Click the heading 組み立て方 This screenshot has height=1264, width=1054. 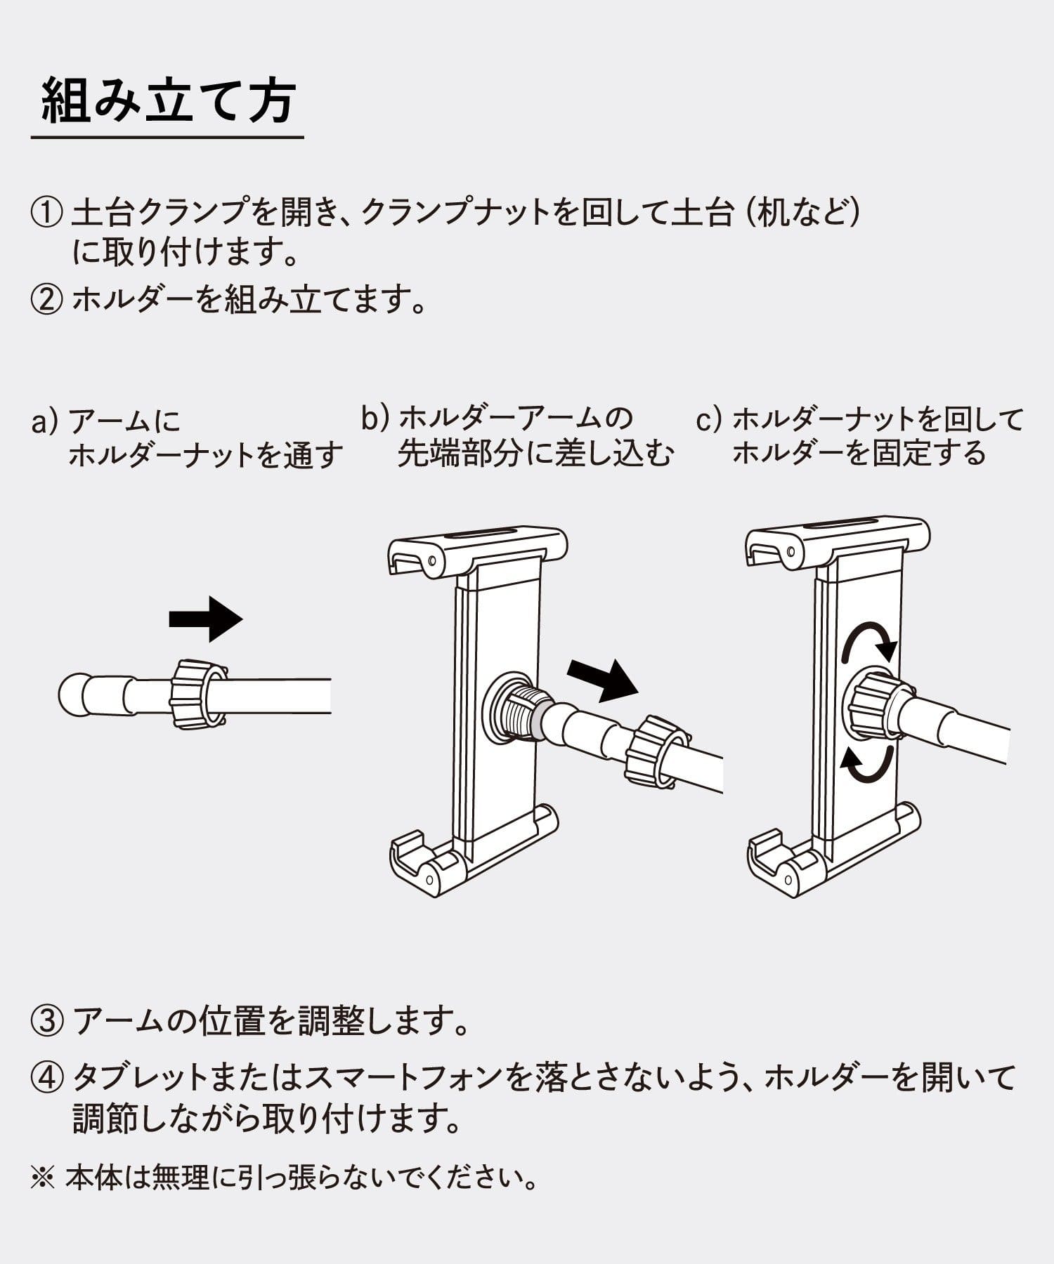click(x=167, y=103)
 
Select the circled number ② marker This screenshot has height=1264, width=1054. click(x=46, y=301)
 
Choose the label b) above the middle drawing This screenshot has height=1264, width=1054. click(x=375, y=419)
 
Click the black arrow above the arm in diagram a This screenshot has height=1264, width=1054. click(x=206, y=619)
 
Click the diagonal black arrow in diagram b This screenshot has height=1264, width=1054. click(x=602, y=679)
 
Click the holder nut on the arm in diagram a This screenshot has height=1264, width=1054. click(x=198, y=694)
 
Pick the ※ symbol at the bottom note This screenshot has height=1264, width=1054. click(x=42, y=1178)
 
